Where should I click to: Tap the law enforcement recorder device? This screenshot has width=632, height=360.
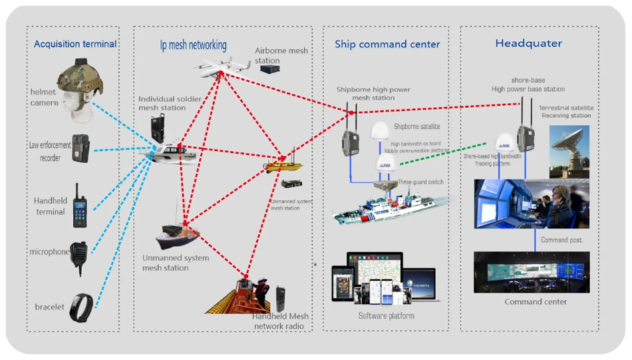pos(80,148)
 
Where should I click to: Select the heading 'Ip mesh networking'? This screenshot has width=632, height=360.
pos(193,45)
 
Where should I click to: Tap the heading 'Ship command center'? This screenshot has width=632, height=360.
pos(387,45)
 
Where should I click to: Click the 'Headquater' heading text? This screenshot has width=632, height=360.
pos(528,44)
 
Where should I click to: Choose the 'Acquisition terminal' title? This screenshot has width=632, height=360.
pos(75,45)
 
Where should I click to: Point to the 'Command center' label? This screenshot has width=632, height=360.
pos(536,302)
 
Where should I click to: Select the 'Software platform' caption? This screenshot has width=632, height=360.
pos(386,315)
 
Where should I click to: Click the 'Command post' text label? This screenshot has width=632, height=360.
pos(563,240)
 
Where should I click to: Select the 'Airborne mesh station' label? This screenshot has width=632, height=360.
pos(281,56)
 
